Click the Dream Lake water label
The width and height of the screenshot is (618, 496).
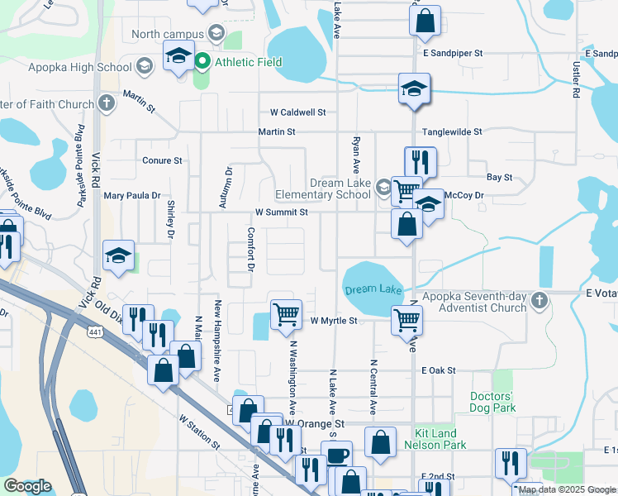373,289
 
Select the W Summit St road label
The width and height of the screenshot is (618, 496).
281,212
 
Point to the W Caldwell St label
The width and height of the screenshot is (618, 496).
297,112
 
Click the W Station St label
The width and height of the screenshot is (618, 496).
198,432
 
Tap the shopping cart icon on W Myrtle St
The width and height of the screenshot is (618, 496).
285,313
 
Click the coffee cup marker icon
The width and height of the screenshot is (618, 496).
336,455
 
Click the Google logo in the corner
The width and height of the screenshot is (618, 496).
27,486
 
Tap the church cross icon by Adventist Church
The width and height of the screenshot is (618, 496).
540,299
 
